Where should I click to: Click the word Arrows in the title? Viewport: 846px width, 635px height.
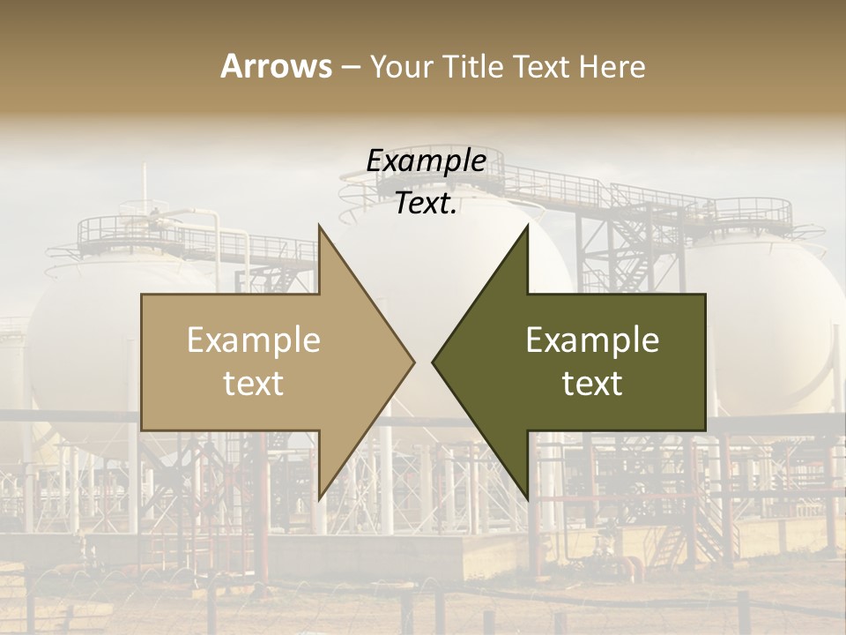pos(276,66)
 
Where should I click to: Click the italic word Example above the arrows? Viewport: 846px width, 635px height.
pos(426,161)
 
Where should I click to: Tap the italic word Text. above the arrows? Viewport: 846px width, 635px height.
pos(426,204)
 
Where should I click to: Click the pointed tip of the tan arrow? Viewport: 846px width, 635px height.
pos(412,362)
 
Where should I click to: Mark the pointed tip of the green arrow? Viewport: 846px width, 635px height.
pos(434,362)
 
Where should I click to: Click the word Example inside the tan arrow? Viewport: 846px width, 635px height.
pos(254,340)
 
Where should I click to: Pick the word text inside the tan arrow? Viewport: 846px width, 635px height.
pos(254,384)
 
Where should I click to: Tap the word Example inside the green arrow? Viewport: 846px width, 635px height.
pos(592,340)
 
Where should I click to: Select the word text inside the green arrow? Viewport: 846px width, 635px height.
pos(592,384)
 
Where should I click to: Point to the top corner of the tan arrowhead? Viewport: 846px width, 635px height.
pos(320,227)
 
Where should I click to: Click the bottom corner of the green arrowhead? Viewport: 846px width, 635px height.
pos(527,499)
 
